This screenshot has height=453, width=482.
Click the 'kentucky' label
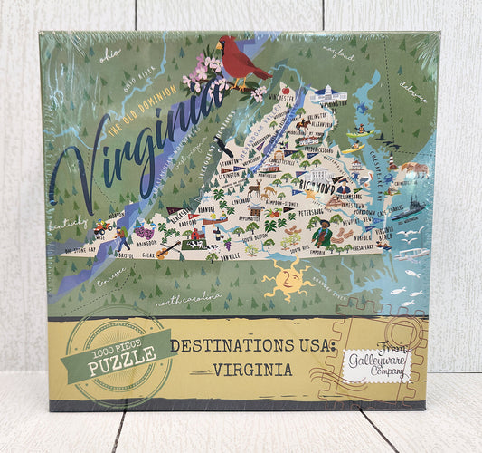click(70, 222)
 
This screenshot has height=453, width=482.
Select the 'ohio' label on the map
click(109, 54)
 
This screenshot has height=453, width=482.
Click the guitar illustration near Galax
click(167, 250)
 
